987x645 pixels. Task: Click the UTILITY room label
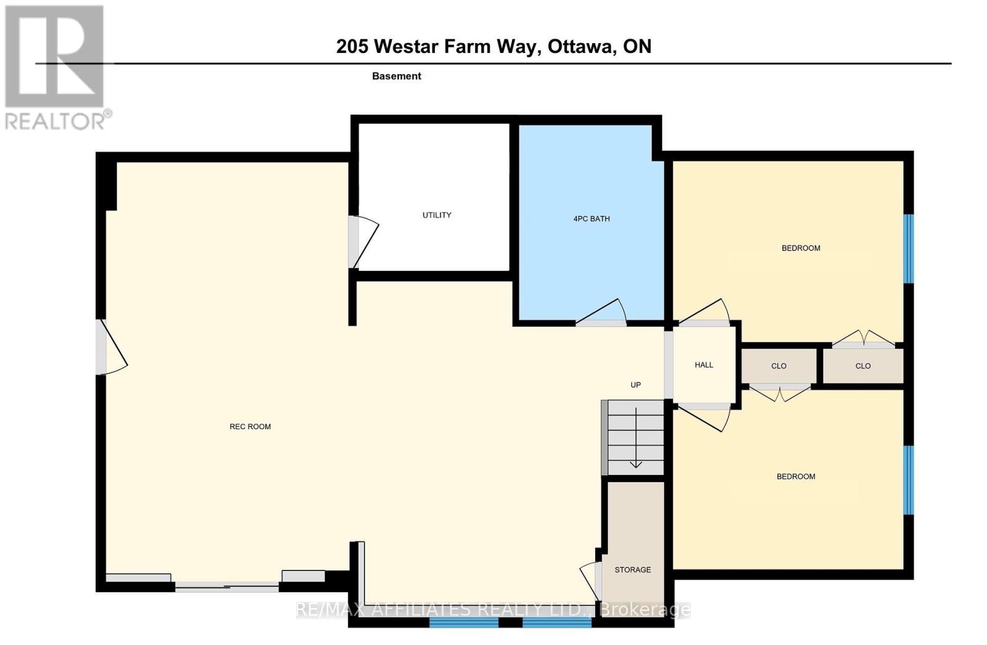(437, 215)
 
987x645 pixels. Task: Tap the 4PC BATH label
(592, 218)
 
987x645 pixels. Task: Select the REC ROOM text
(250, 427)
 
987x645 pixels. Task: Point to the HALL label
(704, 365)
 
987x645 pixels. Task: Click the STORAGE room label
(633, 570)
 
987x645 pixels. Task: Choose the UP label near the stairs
(635, 385)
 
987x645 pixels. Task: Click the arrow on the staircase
(636, 437)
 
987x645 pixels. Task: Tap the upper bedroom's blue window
(909, 249)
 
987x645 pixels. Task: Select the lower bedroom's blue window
(909, 480)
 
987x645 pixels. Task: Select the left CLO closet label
(778, 366)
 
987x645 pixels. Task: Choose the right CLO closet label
(863, 366)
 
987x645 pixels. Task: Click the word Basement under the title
(397, 76)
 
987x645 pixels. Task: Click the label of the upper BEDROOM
(801, 248)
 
